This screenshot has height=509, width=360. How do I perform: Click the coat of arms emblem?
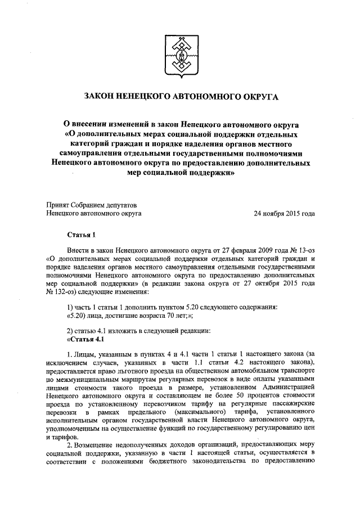(x=180, y=54)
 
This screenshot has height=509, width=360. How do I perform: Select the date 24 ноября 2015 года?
(x=284, y=213)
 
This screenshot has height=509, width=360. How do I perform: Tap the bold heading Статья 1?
(x=78, y=233)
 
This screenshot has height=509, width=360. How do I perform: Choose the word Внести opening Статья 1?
(x=78, y=249)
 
